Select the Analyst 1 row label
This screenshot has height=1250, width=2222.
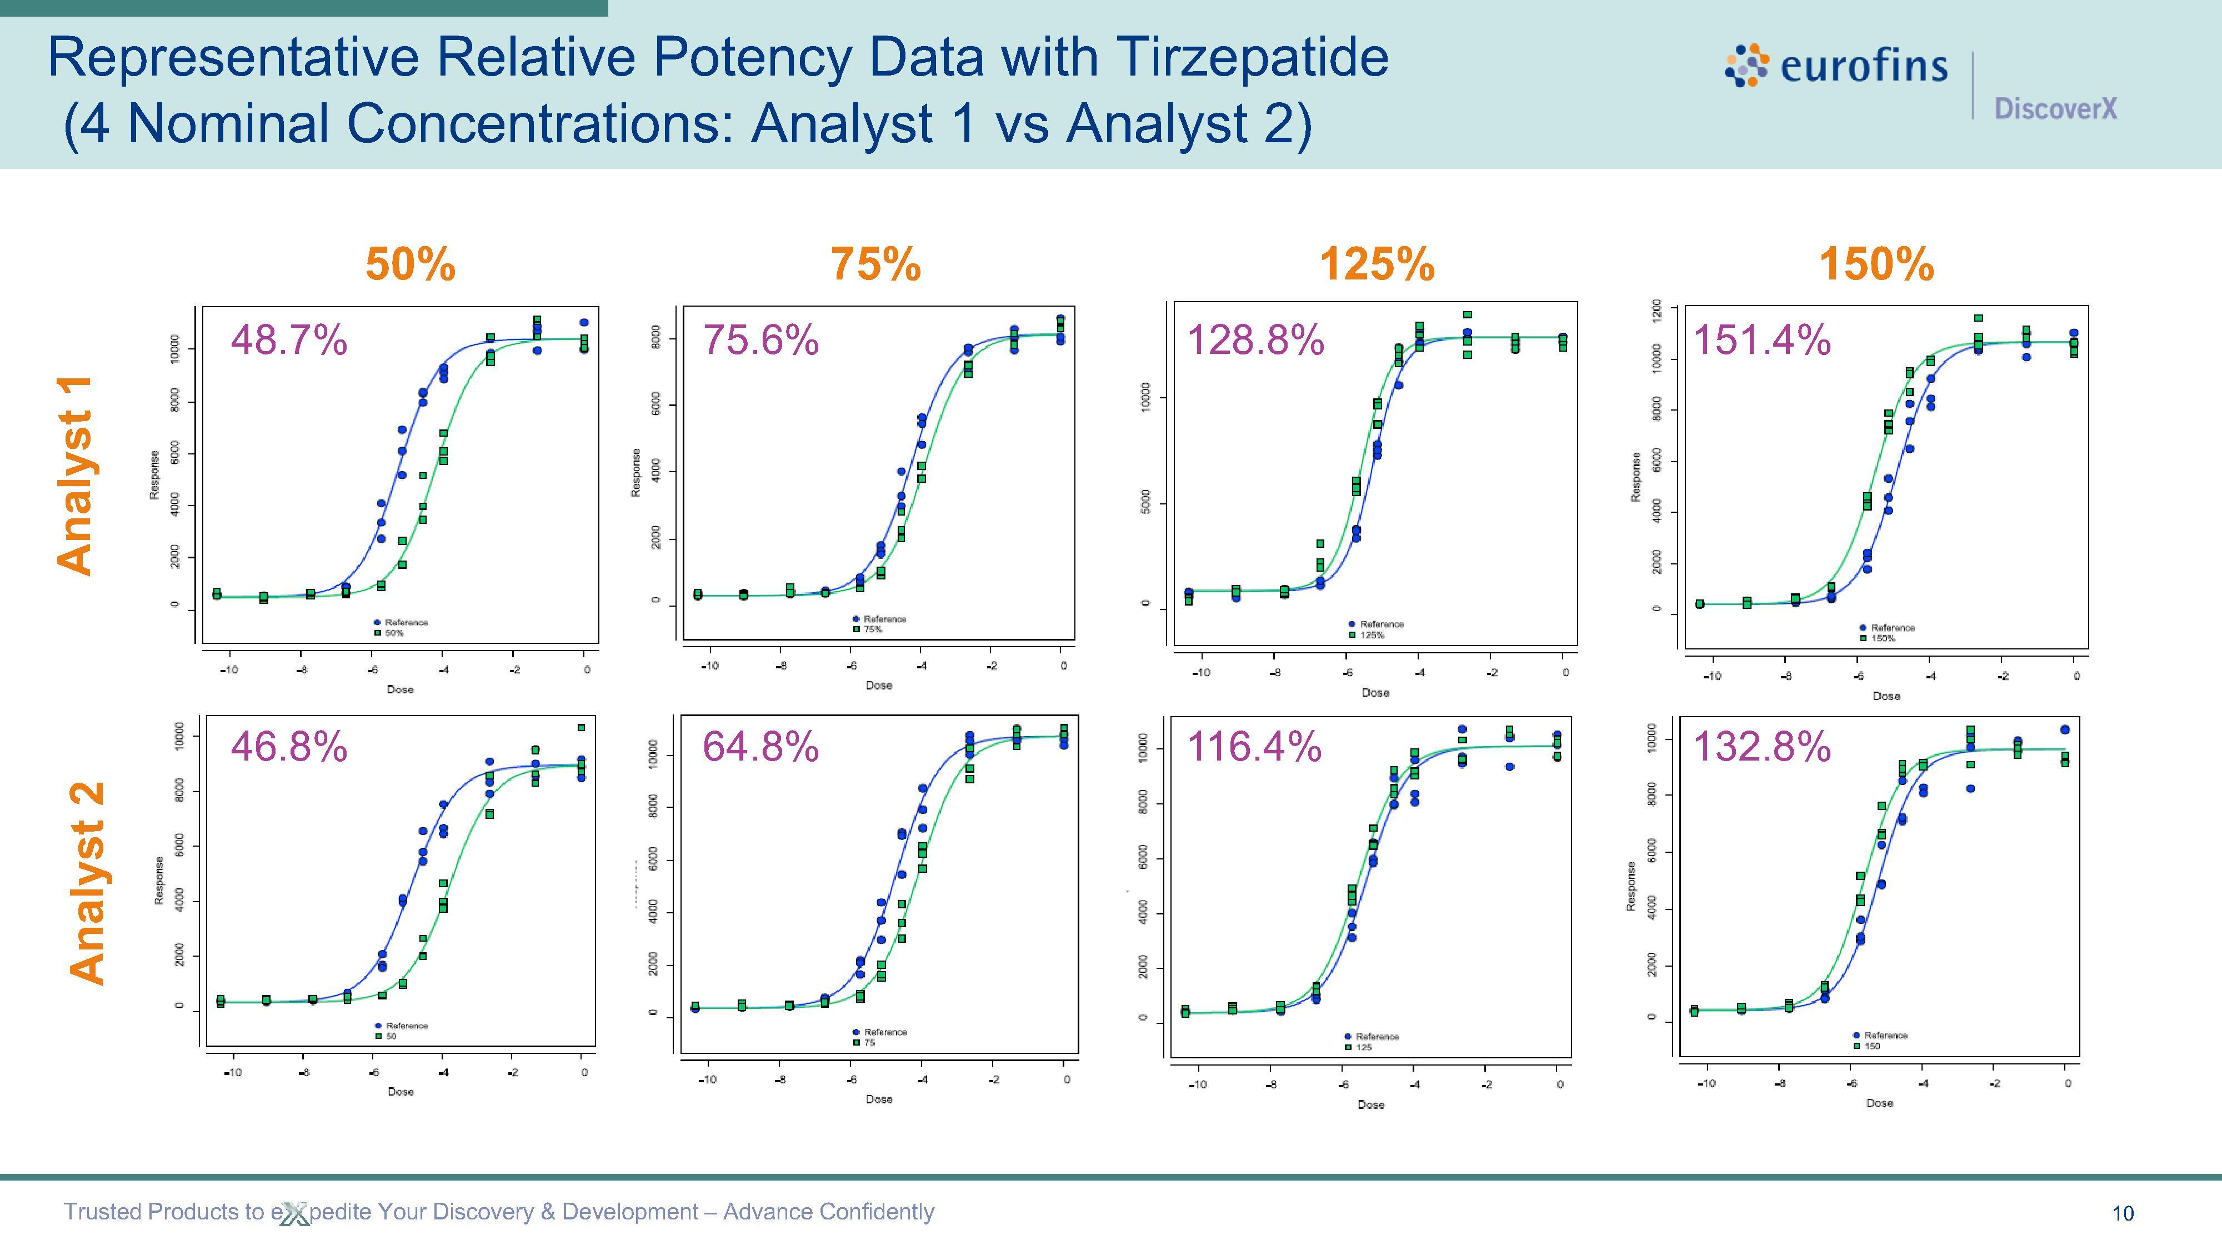coord(76,474)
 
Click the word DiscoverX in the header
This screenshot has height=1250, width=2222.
coord(2055,109)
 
